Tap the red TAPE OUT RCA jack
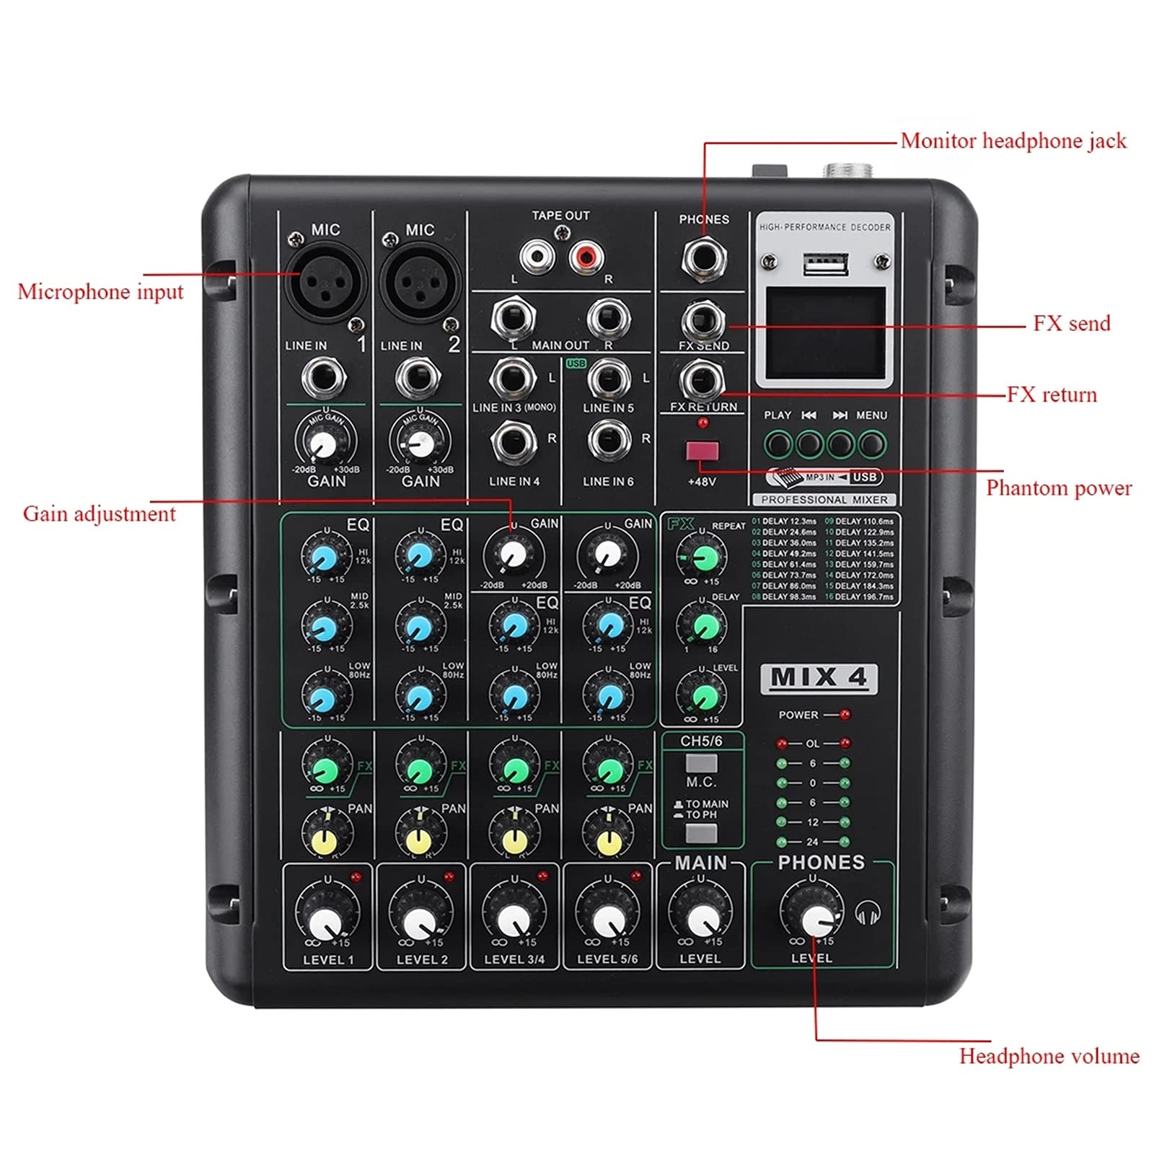pyautogui.click(x=586, y=256)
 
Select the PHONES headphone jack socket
pyautogui.click(x=703, y=259)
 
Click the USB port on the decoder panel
pyautogui.click(x=826, y=265)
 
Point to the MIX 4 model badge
pyautogui.click(x=819, y=678)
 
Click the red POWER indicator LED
pyautogui.click(x=845, y=715)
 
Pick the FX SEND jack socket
pyautogui.click(x=703, y=321)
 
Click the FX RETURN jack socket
pyautogui.click(x=703, y=382)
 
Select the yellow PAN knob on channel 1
pyautogui.click(x=325, y=839)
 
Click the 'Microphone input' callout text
pyautogui.click(x=100, y=292)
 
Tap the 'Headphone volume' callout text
pyautogui.click(x=1049, y=1057)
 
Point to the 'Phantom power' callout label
pyautogui.click(x=1059, y=488)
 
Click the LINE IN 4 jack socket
pyautogui.click(x=514, y=441)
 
